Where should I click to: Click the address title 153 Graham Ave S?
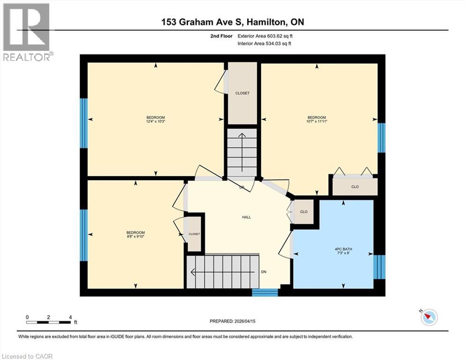232,22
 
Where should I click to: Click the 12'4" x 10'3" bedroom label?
155,120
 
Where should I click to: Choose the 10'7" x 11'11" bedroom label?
317,120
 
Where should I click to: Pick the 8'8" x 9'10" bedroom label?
135,235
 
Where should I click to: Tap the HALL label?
246,217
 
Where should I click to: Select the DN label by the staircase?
264,272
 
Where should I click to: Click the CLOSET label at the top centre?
242,93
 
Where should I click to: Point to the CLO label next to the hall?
303,212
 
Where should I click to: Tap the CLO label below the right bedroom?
354,187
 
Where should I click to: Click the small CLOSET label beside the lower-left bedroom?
194,234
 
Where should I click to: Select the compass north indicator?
428,317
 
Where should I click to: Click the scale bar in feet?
49,321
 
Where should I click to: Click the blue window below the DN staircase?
265,292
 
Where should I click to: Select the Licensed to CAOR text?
27,356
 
